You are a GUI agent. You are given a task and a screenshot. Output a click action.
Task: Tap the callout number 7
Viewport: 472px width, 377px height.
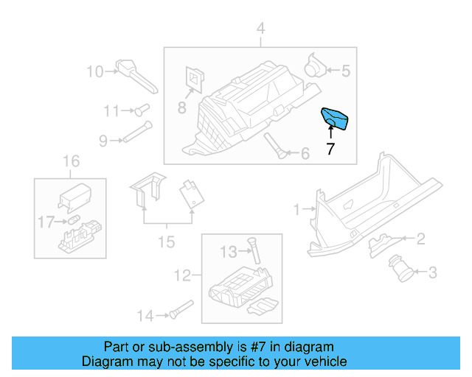coord(330,149)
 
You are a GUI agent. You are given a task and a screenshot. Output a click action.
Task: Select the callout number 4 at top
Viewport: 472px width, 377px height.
coord(260,29)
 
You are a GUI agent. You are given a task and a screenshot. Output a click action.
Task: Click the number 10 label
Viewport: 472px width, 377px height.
coord(96,71)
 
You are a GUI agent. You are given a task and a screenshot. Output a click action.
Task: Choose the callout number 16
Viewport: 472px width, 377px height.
coord(70,161)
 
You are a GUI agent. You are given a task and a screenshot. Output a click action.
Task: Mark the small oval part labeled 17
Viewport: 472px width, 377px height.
coord(74,219)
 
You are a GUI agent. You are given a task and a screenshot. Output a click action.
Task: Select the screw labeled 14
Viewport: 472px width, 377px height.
coord(178,310)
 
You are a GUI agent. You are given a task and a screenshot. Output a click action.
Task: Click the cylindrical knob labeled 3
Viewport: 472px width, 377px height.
coord(404,268)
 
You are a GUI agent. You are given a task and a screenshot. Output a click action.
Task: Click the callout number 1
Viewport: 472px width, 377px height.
coord(296,210)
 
